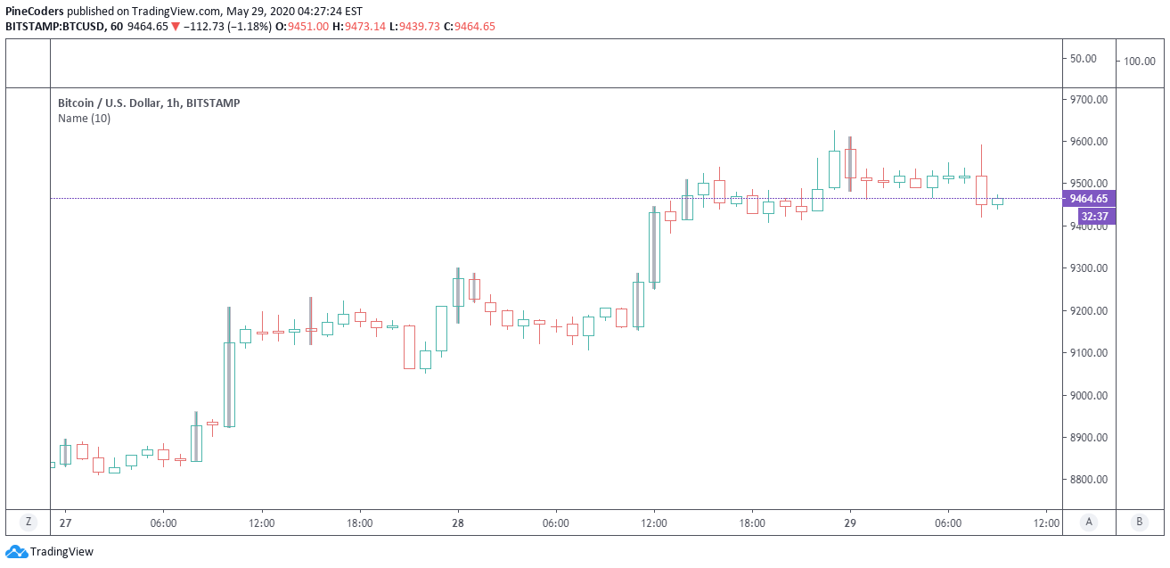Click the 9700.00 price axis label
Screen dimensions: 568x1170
click(1088, 99)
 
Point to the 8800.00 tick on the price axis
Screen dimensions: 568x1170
click(1088, 480)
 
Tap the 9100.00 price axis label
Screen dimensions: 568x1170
click(1088, 353)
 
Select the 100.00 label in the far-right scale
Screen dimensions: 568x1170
click(1139, 62)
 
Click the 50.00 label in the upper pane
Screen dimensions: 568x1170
click(1083, 59)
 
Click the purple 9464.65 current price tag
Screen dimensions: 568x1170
click(1088, 199)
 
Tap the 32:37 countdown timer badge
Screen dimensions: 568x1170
click(1093, 216)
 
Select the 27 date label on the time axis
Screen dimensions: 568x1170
click(64, 523)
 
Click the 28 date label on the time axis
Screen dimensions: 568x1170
click(457, 523)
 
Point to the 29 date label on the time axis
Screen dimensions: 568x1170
click(850, 523)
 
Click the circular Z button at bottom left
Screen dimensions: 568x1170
click(29, 522)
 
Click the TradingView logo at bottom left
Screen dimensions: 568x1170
click(50, 552)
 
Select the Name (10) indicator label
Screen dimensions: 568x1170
click(84, 118)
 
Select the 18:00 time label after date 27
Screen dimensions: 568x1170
click(359, 523)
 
